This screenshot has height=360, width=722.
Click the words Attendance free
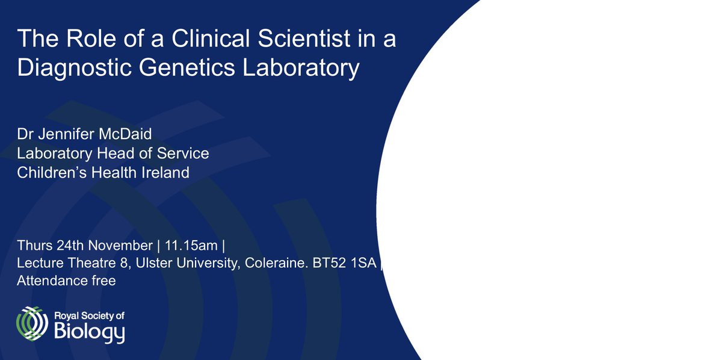[x=66, y=281]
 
